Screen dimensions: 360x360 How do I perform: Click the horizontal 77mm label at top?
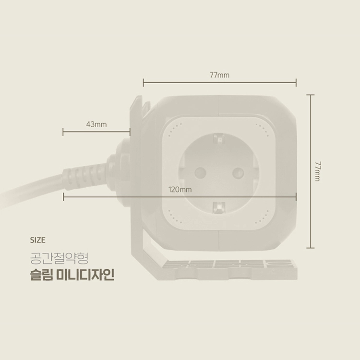(219, 75)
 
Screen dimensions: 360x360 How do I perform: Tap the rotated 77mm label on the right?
(318, 171)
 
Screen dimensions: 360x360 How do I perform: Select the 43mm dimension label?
(96, 124)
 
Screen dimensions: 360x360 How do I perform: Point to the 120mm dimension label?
(180, 190)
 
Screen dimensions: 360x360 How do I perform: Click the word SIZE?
(37, 240)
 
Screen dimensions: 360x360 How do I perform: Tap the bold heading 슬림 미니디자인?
(72, 275)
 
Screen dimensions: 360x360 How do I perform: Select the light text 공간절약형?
(59, 258)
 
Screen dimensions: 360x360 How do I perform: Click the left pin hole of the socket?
(200, 173)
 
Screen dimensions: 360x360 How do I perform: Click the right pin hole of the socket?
(238, 173)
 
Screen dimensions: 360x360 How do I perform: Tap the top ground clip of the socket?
(219, 139)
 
